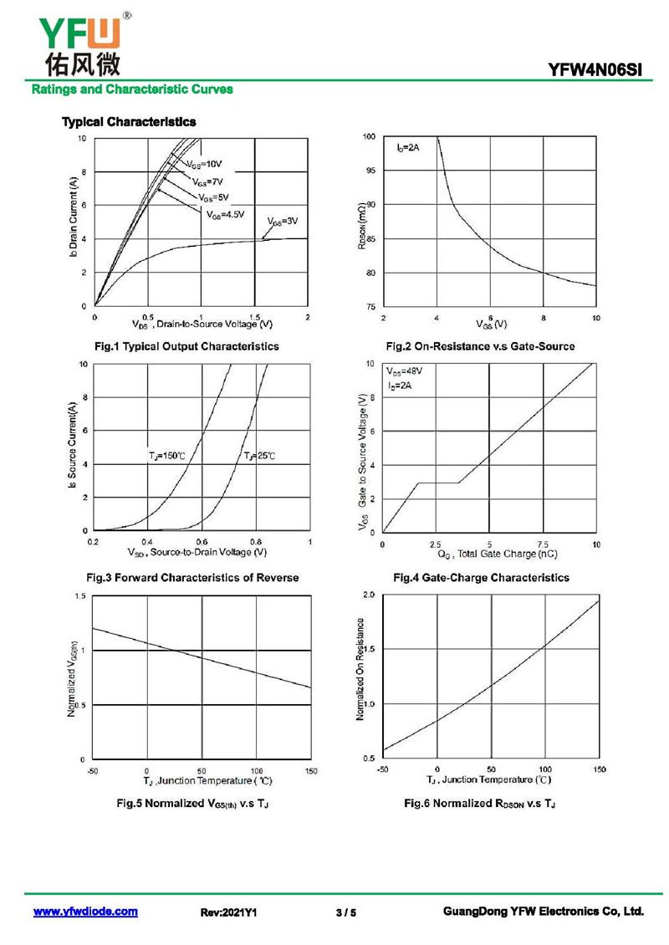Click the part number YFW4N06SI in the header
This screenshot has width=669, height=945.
595,71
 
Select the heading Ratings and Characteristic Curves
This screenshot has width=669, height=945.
132,89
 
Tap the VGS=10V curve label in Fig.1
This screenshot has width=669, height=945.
204,163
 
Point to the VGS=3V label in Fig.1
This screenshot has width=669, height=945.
283,221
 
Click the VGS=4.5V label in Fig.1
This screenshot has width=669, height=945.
226,214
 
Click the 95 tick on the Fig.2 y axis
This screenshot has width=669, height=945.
370,171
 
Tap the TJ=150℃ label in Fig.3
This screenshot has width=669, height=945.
166,456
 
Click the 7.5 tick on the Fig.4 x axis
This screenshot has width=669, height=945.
544,544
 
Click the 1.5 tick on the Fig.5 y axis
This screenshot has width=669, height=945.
81,595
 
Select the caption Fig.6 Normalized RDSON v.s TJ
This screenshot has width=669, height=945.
480,803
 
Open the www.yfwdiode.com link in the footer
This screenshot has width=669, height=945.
85,912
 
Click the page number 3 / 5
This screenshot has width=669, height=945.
345,912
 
